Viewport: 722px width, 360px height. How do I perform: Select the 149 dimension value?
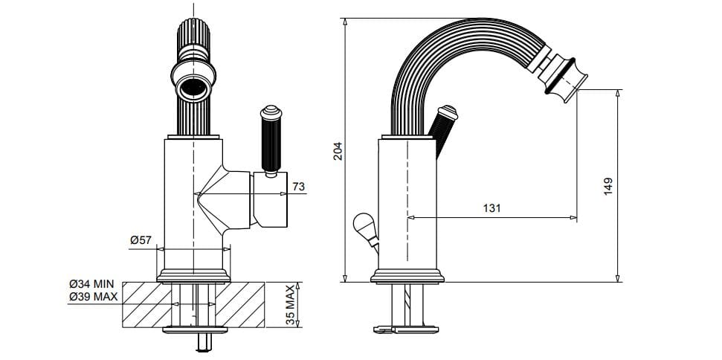click(x=607, y=186)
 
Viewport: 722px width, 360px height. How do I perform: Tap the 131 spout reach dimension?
click(x=491, y=209)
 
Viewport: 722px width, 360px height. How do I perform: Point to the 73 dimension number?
click(x=299, y=187)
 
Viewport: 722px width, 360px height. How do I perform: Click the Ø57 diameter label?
click(x=141, y=240)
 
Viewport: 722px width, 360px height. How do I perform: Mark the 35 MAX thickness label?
click(x=291, y=304)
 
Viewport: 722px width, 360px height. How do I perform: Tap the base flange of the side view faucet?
click(x=407, y=277)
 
